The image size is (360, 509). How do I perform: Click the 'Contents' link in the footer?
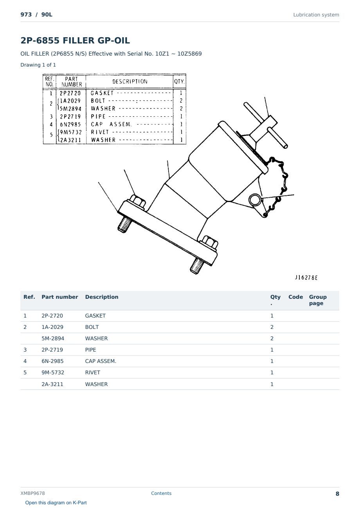pos(161,493)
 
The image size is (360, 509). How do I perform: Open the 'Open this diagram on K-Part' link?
pos(56,503)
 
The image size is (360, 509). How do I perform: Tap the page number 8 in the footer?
pos(337,494)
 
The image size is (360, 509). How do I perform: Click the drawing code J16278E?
pos(306,278)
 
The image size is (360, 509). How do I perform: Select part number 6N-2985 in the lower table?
pos(52,361)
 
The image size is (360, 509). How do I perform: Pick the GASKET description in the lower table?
pos(95,316)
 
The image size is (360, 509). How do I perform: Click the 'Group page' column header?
pos(318,300)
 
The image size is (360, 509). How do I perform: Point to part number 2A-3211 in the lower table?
pos(52,384)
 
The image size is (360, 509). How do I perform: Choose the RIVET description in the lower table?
pos(92,372)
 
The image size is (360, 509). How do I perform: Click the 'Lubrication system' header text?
pos(316,15)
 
